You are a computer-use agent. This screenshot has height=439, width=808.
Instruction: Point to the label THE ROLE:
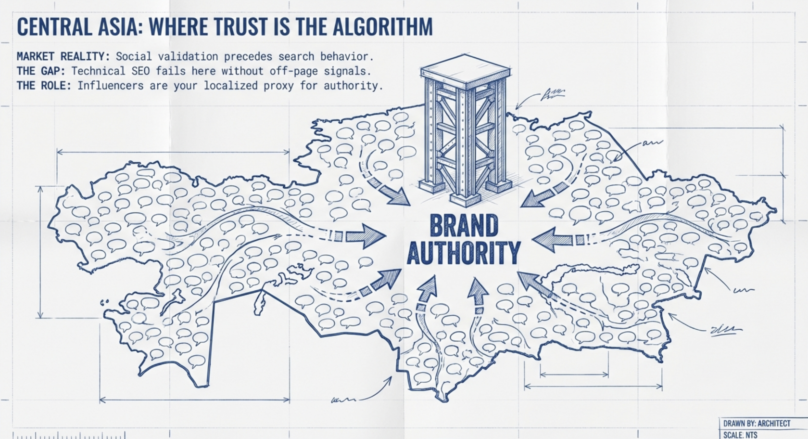click(x=44, y=86)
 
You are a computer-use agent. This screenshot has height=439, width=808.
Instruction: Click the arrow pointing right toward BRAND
click(x=363, y=235)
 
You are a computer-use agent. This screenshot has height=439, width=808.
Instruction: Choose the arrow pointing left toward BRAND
click(x=553, y=239)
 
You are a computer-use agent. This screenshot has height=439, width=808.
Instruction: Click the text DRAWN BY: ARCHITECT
click(x=757, y=424)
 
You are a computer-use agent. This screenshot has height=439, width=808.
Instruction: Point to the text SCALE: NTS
click(x=740, y=435)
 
